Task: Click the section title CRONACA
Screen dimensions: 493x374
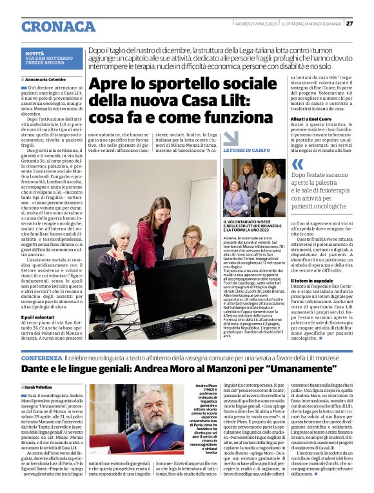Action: [x=59, y=26]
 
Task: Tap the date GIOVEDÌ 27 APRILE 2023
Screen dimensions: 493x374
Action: [x=255, y=24]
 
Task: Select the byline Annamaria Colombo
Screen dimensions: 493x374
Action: [x=48, y=79]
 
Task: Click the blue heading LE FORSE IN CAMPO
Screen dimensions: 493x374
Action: [x=247, y=149]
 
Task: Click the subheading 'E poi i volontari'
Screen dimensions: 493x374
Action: [x=43, y=317]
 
